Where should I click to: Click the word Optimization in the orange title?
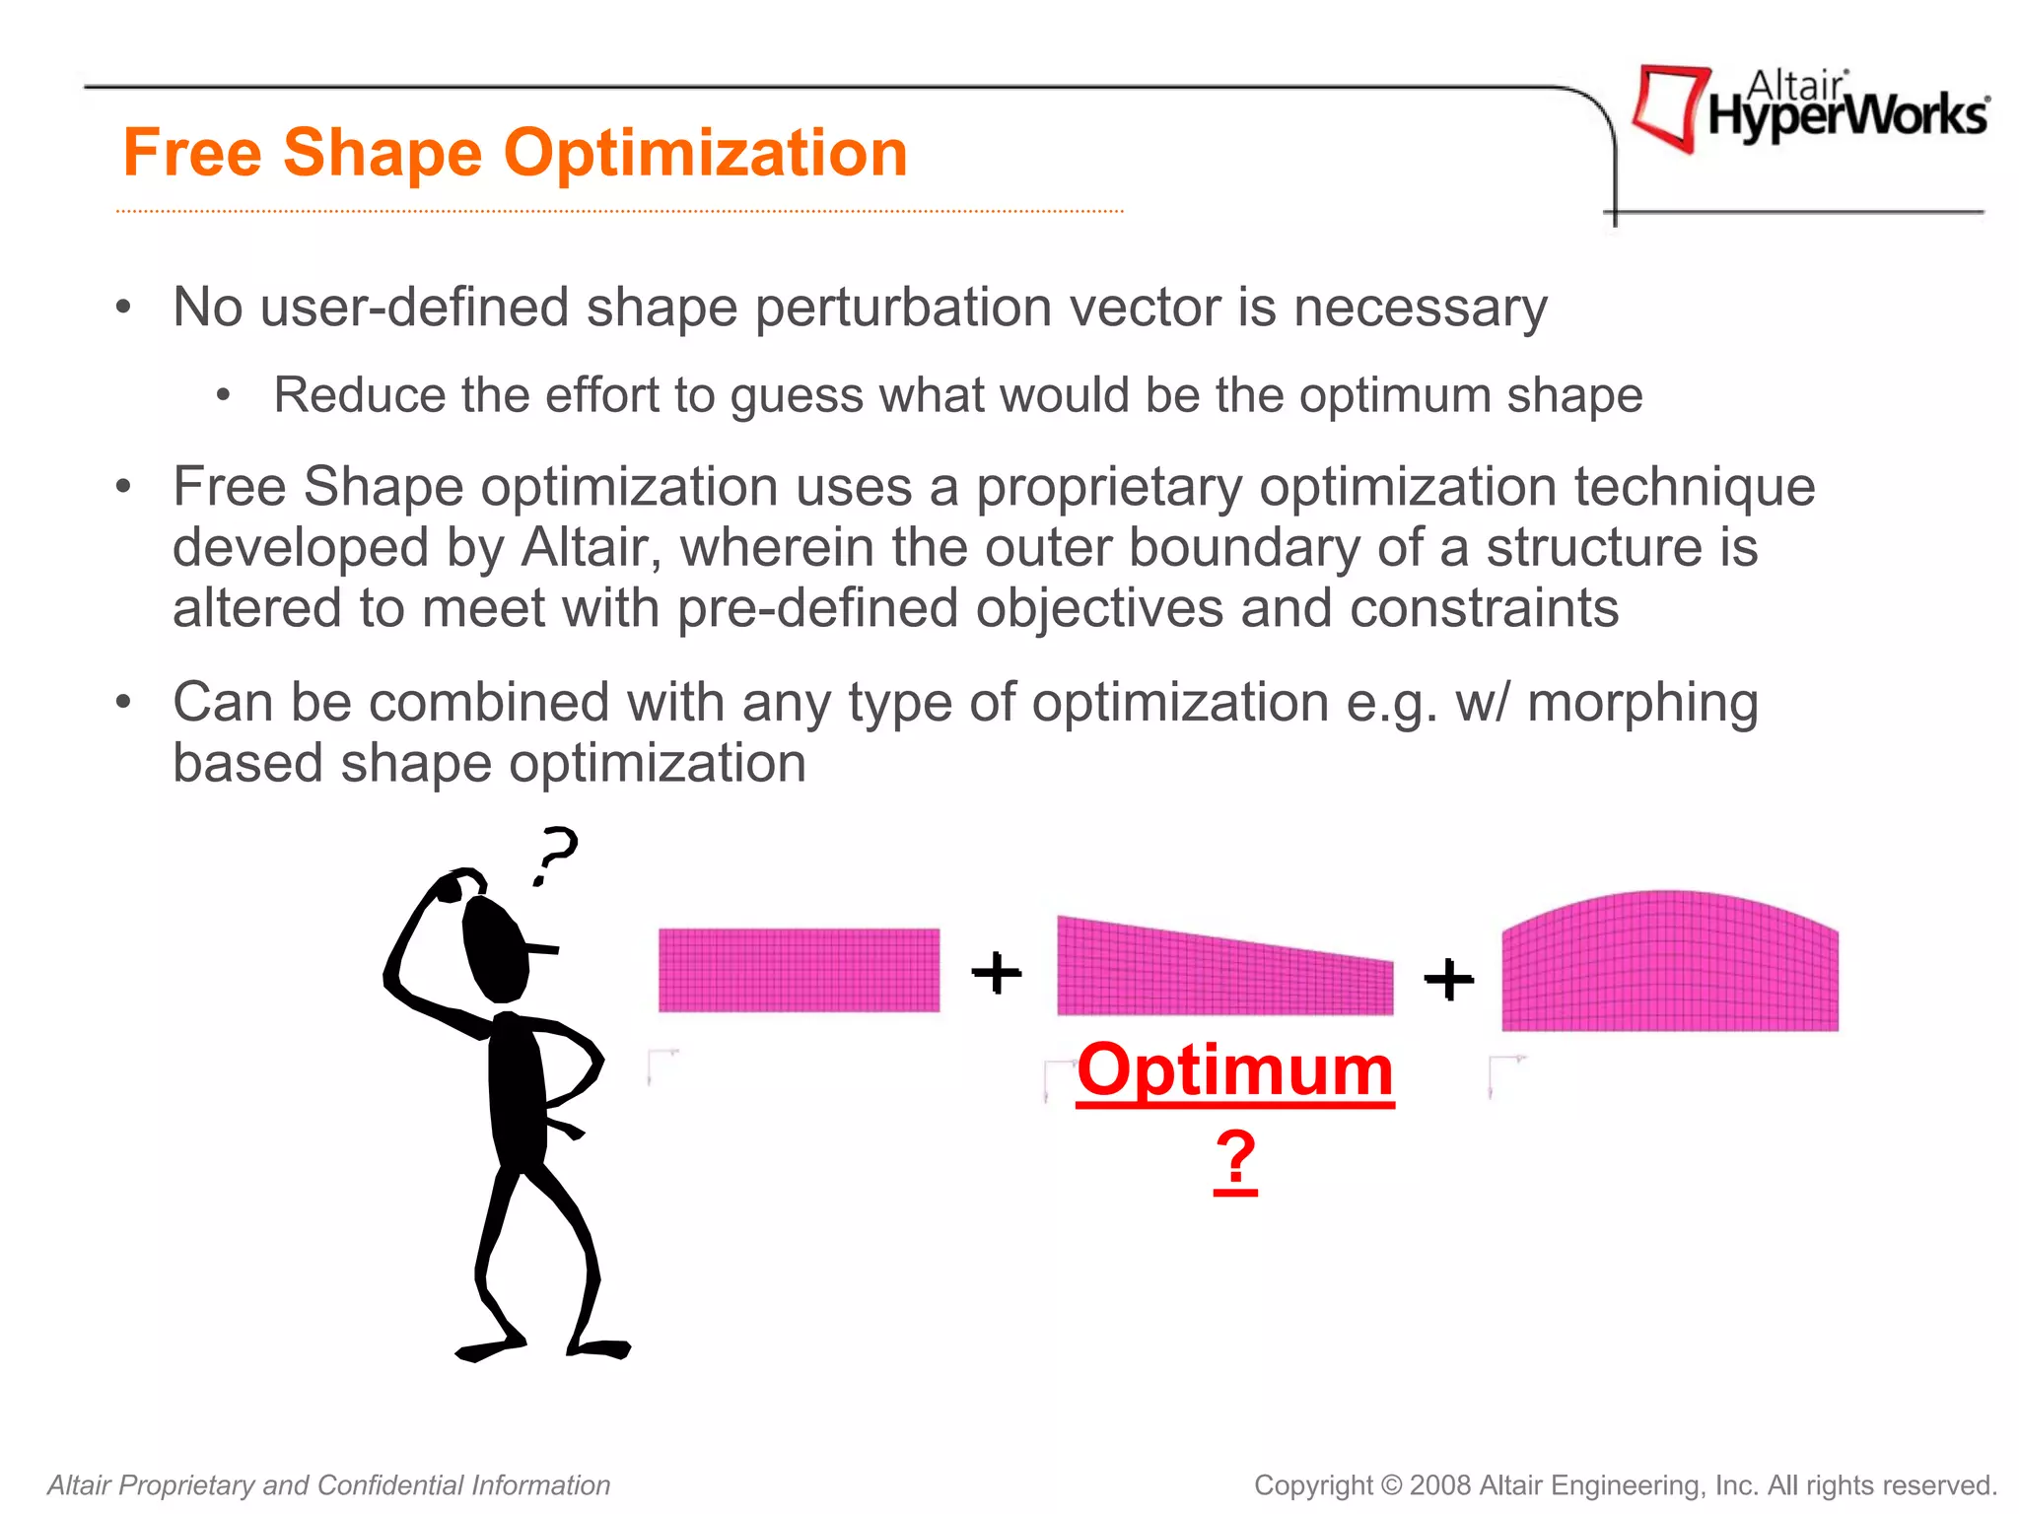click(x=705, y=154)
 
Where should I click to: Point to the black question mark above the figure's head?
click(x=555, y=854)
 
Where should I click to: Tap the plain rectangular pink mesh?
click(x=799, y=970)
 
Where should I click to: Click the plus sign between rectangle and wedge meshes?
click(x=997, y=973)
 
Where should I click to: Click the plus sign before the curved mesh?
click(x=1448, y=979)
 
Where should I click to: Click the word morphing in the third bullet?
click(x=1642, y=703)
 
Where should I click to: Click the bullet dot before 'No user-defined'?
click(x=123, y=308)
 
